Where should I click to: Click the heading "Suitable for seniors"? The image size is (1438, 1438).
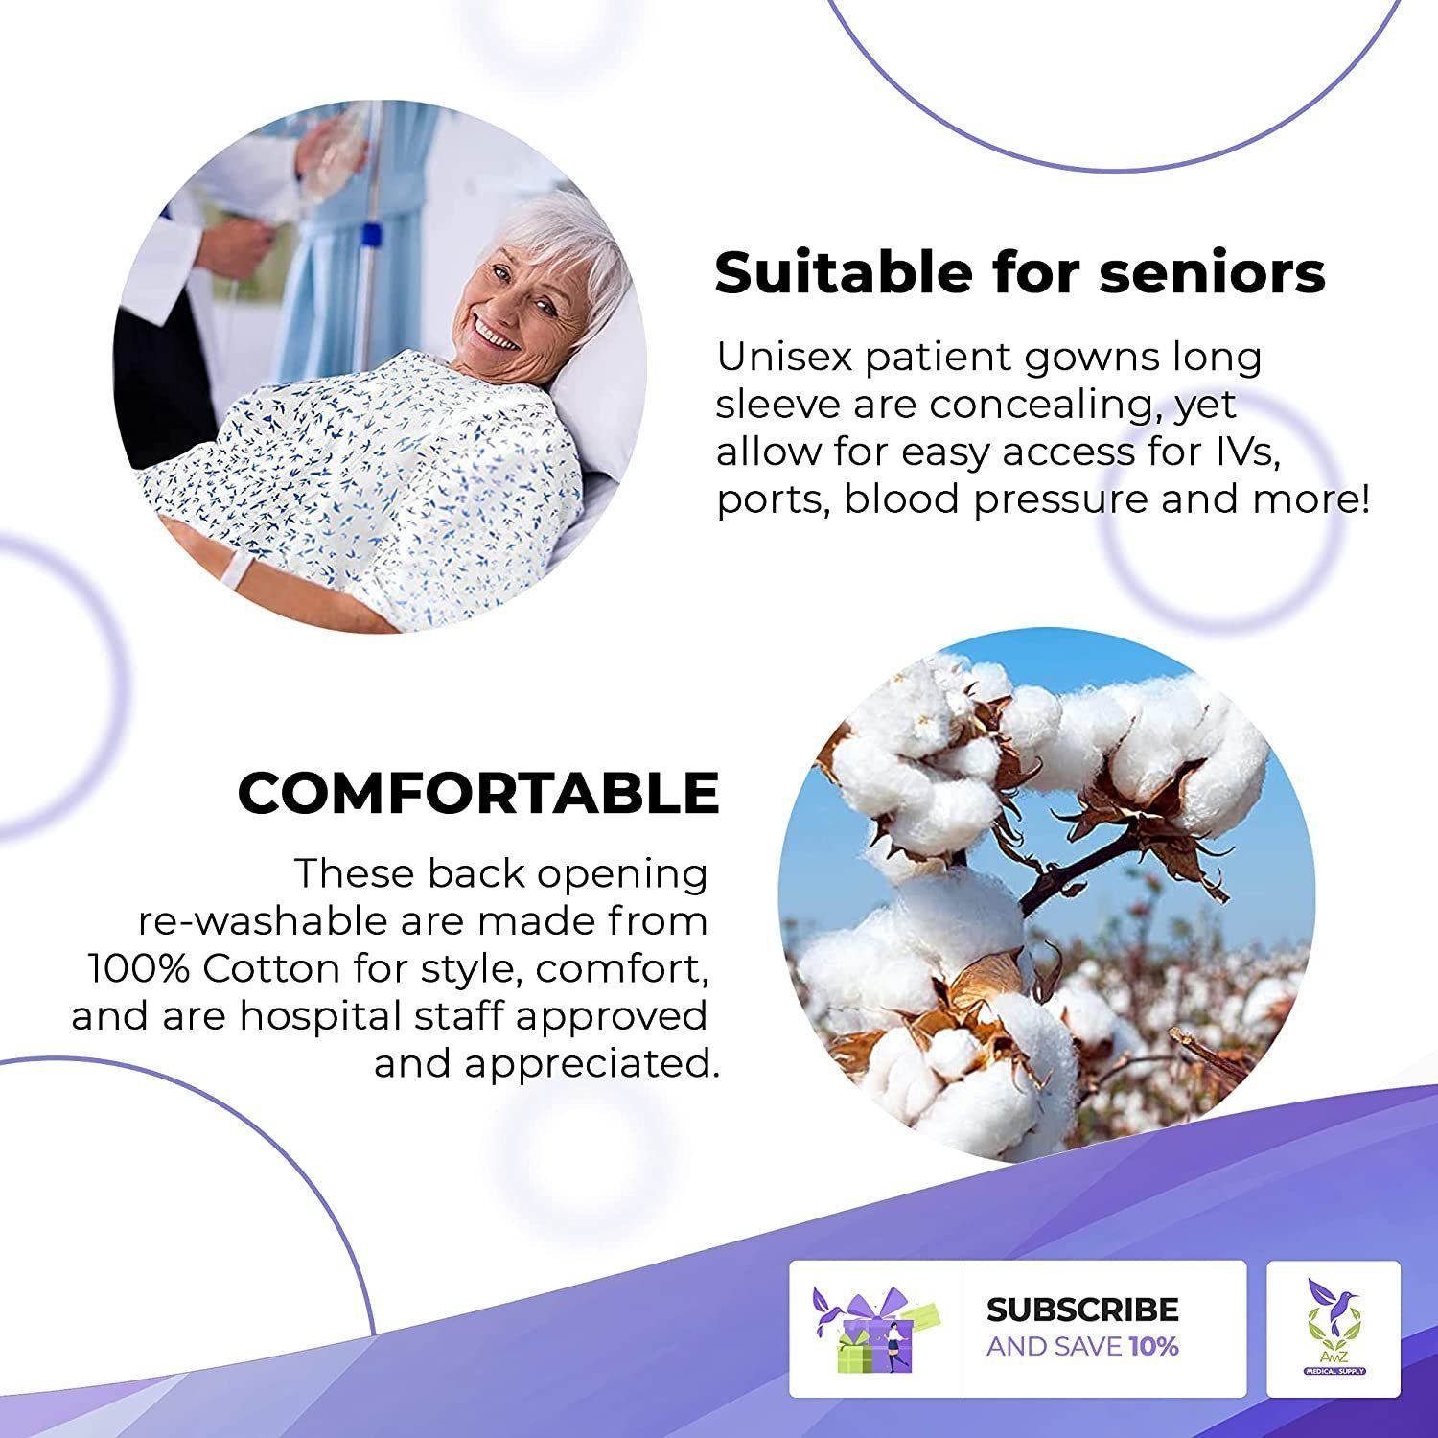click(1020, 272)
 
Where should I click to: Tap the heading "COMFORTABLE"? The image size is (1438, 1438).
click(478, 793)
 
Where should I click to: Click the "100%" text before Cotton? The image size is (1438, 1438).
click(139, 968)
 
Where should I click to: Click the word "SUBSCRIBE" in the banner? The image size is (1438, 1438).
click(1082, 1310)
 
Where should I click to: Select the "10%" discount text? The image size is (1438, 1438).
click(1154, 1346)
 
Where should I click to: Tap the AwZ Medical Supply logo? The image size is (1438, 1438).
click(1334, 1328)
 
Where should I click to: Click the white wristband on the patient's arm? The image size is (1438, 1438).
click(235, 571)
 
